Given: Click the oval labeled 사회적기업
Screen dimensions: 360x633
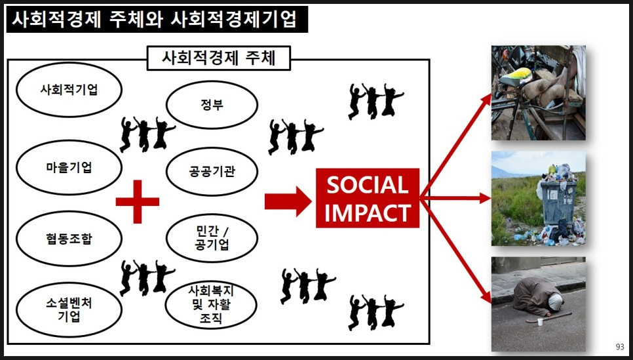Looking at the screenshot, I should pyautogui.click(x=69, y=90).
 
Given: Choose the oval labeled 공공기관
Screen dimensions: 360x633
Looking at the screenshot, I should pyautogui.click(x=211, y=172).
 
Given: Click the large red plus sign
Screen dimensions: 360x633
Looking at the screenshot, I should pyautogui.click(x=138, y=201).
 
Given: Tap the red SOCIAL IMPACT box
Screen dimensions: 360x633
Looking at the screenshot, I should pyautogui.click(x=367, y=198).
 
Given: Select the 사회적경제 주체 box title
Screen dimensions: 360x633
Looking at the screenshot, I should pyautogui.click(x=218, y=58).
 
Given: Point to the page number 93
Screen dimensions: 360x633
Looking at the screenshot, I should pyautogui.click(x=620, y=347).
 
